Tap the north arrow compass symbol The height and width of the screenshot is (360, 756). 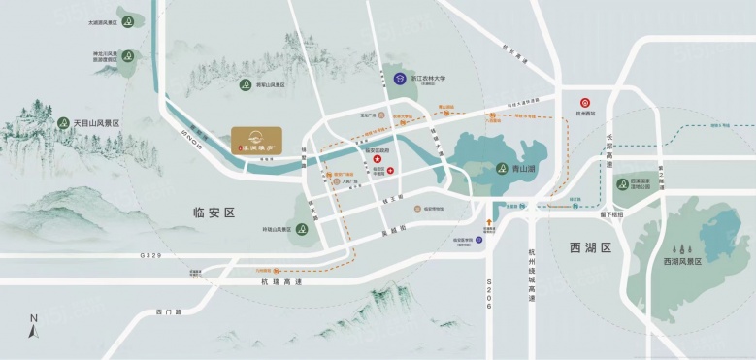tap(33, 326)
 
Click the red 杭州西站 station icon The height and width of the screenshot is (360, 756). tap(586, 102)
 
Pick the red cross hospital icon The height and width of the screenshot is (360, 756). tap(390, 172)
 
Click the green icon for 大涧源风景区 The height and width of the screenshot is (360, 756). tap(129, 21)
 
